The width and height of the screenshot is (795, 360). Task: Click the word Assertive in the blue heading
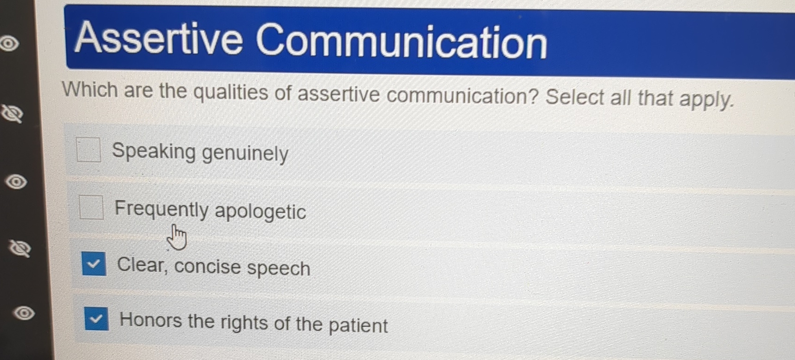(x=158, y=39)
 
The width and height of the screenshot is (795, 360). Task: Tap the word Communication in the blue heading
(x=401, y=42)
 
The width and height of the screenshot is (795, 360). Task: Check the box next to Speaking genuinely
(x=89, y=150)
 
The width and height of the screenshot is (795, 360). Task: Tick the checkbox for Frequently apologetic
(x=91, y=207)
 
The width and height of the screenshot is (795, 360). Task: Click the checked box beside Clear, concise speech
(x=94, y=264)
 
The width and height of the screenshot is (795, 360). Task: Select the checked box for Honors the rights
(x=97, y=319)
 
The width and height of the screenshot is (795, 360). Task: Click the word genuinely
(x=245, y=153)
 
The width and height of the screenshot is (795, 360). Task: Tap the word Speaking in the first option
(x=154, y=151)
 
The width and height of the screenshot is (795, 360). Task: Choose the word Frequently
(x=161, y=209)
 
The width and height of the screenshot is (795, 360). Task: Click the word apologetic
(x=260, y=212)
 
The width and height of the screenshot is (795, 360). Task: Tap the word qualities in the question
(x=230, y=92)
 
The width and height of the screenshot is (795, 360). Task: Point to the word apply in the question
(x=705, y=99)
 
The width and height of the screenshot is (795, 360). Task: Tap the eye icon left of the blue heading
(x=9, y=44)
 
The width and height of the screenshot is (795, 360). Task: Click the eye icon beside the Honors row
(x=24, y=313)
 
